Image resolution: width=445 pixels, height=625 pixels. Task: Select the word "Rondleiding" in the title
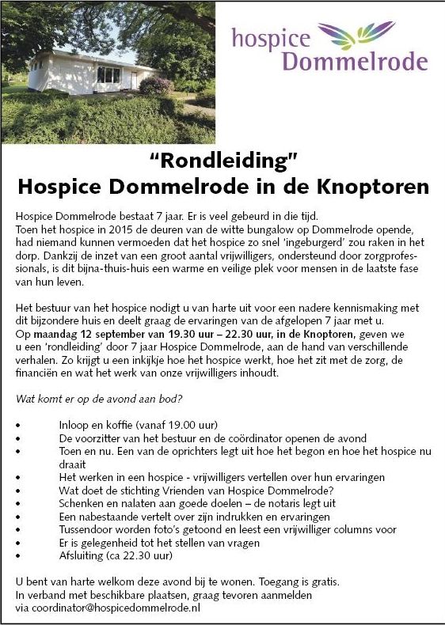pyautogui.click(x=223, y=162)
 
